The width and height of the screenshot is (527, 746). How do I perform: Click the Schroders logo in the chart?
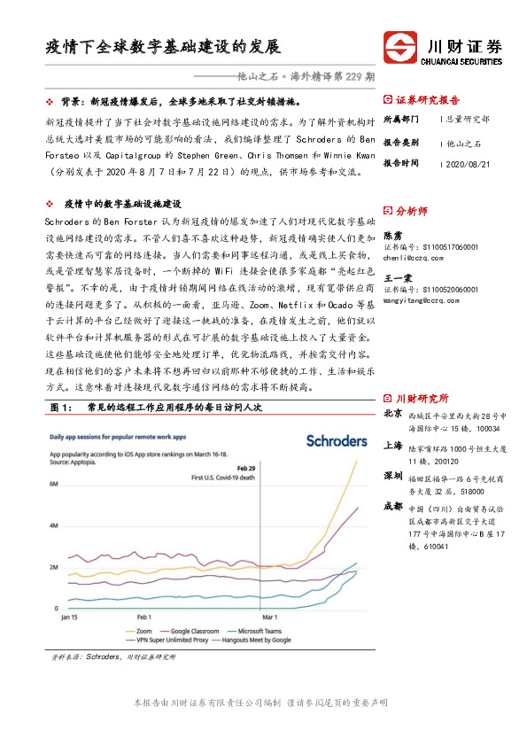(x=336, y=440)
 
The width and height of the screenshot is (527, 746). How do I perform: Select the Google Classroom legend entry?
(x=203, y=630)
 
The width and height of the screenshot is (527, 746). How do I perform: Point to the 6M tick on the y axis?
(x=54, y=484)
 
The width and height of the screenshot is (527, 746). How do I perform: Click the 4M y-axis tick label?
(x=54, y=525)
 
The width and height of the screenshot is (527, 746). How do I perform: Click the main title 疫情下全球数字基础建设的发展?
(x=162, y=46)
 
